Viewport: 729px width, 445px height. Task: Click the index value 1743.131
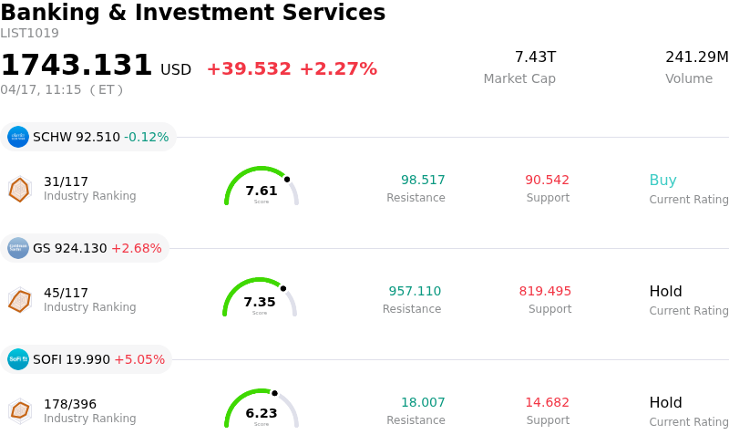(77, 66)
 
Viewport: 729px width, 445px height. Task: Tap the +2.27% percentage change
(338, 69)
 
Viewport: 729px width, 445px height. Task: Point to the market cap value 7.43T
(535, 57)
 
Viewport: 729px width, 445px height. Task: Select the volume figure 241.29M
(696, 57)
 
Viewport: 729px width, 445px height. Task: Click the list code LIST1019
(29, 34)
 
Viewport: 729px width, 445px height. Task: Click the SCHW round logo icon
(18, 137)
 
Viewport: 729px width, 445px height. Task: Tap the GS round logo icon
(18, 248)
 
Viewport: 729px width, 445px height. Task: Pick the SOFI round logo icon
(18, 359)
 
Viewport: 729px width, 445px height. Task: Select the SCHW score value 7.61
(262, 191)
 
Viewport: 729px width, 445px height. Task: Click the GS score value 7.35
(260, 302)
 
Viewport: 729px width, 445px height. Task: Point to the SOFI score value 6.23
(262, 413)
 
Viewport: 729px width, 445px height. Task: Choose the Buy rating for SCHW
(662, 181)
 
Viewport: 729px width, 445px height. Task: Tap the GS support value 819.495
(545, 292)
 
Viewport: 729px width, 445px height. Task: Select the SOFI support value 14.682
(547, 403)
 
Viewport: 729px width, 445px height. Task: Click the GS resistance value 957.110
(415, 292)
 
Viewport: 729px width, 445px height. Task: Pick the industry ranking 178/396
(70, 404)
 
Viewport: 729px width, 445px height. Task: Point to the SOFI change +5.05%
(139, 359)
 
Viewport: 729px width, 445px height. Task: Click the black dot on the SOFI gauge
(274, 393)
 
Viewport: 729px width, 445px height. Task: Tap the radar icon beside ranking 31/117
(19, 189)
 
